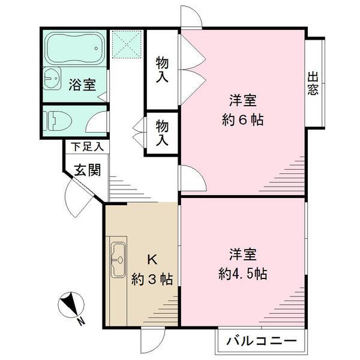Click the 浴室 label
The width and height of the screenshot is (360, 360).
pyautogui.click(x=81, y=85)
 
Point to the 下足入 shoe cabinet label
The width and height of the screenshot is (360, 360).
pyautogui.click(x=86, y=146)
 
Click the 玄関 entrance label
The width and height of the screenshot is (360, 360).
pyautogui.click(x=87, y=170)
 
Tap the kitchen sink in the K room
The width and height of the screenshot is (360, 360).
pyautogui.click(x=118, y=259)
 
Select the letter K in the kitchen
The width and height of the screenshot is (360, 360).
pyautogui.click(x=152, y=259)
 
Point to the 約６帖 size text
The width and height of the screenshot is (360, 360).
pyautogui.click(x=242, y=119)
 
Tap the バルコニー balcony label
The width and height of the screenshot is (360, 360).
pyautogui.click(x=261, y=342)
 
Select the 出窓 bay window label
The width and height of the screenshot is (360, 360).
pyautogui.click(x=313, y=84)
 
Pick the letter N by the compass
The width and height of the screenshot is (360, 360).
pyautogui.click(x=80, y=322)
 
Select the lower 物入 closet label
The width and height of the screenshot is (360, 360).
pyautogui.click(x=162, y=133)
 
